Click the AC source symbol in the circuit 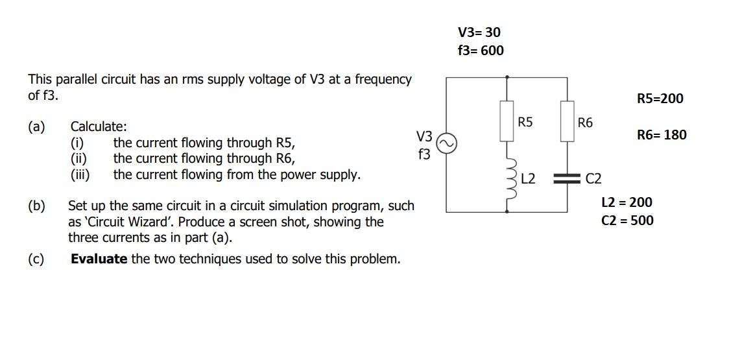click(x=446, y=143)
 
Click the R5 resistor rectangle click(x=507, y=121)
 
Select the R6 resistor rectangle click(x=567, y=121)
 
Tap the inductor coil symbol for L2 click(x=508, y=178)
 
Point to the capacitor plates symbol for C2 click(x=567, y=179)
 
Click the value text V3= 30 click(x=479, y=32)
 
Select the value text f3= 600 click(x=480, y=51)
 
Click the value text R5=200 click(x=660, y=99)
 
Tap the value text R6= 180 click(x=661, y=135)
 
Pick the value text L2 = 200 click(x=627, y=202)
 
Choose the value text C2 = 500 click(x=627, y=221)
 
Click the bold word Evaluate click(x=99, y=259)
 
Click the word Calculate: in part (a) click(x=99, y=126)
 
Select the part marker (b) click(x=36, y=206)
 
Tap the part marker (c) click(x=36, y=259)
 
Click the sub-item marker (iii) click(x=80, y=174)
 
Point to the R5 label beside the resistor click(x=525, y=122)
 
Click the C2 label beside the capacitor click(x=593, y=179)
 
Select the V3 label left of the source click(x=424, y=136)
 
